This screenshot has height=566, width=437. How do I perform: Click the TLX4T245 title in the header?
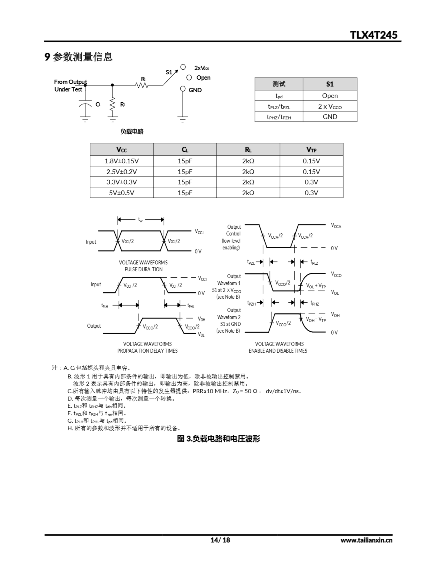coord(373,35)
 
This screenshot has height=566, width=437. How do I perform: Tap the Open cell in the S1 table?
coord(330,96)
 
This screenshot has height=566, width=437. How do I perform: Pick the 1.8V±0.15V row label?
coord(122,161)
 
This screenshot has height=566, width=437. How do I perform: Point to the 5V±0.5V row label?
coord(122,193)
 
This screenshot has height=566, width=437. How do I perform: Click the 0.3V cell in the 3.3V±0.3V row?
coord(311,182)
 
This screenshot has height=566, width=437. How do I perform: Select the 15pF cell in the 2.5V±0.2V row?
coord(185,172)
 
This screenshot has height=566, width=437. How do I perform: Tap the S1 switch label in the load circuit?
coord(169,72)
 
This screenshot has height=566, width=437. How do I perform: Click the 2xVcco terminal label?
coord(201,68)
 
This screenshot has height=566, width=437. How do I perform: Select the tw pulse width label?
coord(140,220)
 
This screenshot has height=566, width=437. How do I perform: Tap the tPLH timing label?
coord(105,306)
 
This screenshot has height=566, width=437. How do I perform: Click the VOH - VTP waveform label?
coord(315,319)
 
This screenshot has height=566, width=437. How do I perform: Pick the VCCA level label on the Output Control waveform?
coord(336,226)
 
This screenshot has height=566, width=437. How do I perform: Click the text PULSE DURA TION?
coord(144,269)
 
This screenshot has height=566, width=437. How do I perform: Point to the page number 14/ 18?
coord(220,540)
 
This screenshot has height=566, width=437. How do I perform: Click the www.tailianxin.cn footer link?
coord(366,540)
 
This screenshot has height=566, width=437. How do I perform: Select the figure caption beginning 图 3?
coord(218,438)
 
